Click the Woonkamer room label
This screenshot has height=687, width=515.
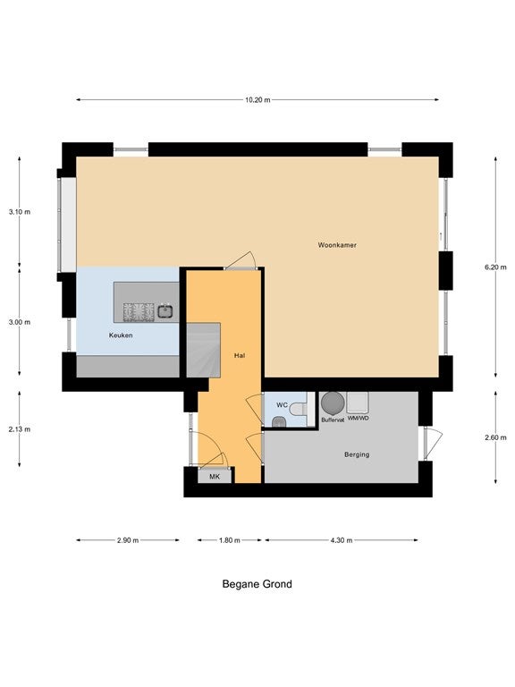[x=337, y=245]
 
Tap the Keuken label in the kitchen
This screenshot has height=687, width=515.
[x=121, y=335]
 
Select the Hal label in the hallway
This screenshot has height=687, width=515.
[x=239, y=356]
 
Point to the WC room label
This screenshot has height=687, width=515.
[x=282, y=405]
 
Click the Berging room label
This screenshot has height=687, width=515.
[x=357, y=454]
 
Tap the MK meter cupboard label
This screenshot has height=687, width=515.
[x=215, y=477]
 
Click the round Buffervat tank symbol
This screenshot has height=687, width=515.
[x=333, y=403]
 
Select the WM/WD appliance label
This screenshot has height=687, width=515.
[x=359, y=419]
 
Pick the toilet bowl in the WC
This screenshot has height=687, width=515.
[x=299, y=409]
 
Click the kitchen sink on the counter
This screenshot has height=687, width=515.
[x=165, y=311]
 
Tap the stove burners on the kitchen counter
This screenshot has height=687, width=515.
[x=139, y=312]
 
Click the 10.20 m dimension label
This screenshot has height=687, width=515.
[x=257, y=100]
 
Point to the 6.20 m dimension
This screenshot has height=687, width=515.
[x=495, y=267]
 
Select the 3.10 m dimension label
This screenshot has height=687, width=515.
[x=20, y=212]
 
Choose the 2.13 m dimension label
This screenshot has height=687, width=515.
[x=20, y=429]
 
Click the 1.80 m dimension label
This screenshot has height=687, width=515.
[x=230, y=540]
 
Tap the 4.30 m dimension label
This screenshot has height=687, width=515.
[x=342, y=540]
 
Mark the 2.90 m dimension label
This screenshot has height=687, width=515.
[x=128, y=540]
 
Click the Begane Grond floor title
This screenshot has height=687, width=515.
[x=257, y=584]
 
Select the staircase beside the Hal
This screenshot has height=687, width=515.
[x=203, y=350]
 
